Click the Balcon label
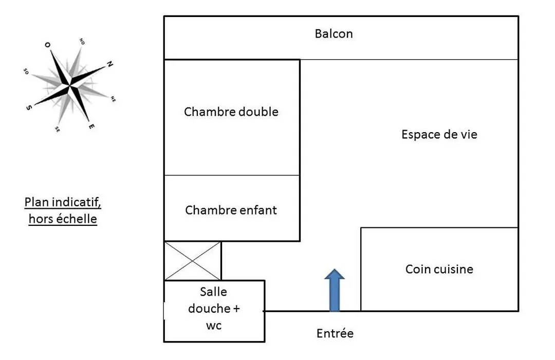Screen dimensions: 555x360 334,33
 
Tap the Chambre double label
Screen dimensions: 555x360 231,112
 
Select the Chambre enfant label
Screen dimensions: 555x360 231,210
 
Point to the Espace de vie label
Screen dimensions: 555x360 439,134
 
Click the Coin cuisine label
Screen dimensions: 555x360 439,269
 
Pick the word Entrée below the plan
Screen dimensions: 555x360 335,333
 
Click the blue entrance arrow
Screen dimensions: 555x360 335,290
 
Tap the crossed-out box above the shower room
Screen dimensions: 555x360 193,261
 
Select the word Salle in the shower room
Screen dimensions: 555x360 213,292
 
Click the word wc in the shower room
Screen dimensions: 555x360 214,325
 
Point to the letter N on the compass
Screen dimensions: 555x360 110,64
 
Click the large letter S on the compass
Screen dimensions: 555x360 29,107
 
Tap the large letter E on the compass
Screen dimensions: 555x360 91,126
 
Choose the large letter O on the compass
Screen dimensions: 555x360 47,45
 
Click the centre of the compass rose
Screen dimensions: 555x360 69,85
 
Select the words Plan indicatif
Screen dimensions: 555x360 63,202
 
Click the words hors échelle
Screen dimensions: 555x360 63,219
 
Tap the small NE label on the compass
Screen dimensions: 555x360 113,99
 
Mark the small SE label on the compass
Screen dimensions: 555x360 58,130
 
